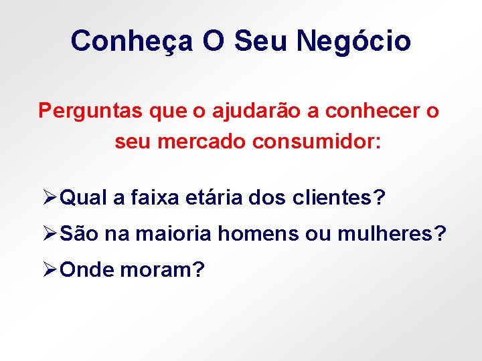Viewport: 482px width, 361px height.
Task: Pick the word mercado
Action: pos(204,142)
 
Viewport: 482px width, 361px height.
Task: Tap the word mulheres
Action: pos(387,234)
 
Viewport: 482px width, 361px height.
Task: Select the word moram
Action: pos(163,270)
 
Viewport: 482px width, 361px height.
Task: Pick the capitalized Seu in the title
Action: pos(261,41)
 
